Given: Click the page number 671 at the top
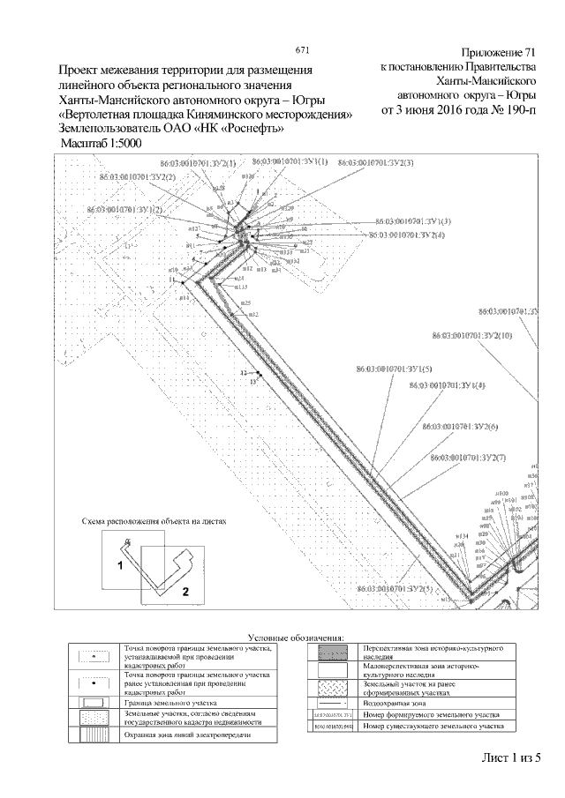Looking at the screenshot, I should click(x=302, y=49).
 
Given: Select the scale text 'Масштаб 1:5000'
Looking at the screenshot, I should click(x=100, y=142).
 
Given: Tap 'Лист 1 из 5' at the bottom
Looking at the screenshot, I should click(x=510, y=757).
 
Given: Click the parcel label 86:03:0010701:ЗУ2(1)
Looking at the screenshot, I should click(x=198, y=165).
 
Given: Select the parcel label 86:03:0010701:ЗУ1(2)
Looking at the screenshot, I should click(x=124, y=210).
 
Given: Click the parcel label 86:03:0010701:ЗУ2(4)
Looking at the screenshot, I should click(x=407, y=235).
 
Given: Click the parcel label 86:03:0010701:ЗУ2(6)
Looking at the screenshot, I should click(x=460, y=427).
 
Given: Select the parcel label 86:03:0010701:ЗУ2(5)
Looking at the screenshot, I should click(x=391, y=588).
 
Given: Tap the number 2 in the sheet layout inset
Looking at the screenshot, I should click(x=185, y=592).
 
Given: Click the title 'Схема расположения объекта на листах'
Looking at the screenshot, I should click(x=154, y=521).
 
